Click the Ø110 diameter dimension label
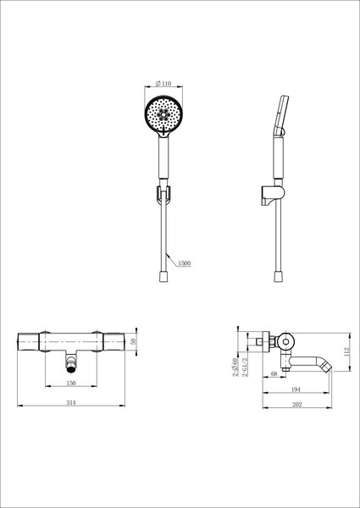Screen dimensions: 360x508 (163, 84)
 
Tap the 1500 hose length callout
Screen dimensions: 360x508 (184, 263)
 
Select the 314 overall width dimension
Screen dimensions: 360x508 (71, 402)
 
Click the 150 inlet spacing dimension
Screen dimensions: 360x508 (71, 383)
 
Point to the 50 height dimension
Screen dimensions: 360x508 (132, 341)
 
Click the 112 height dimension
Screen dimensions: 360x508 (347, 351)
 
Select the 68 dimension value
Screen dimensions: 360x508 (274, 373)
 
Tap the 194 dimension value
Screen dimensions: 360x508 (296, 389)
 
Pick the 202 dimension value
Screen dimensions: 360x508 (296, 405)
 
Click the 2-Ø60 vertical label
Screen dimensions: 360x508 (235, 367)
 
